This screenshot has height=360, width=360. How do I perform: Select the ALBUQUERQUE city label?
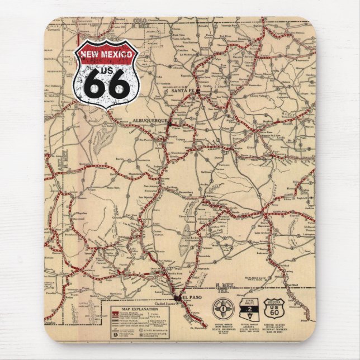147,121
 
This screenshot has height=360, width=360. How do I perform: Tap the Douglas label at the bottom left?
52,323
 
